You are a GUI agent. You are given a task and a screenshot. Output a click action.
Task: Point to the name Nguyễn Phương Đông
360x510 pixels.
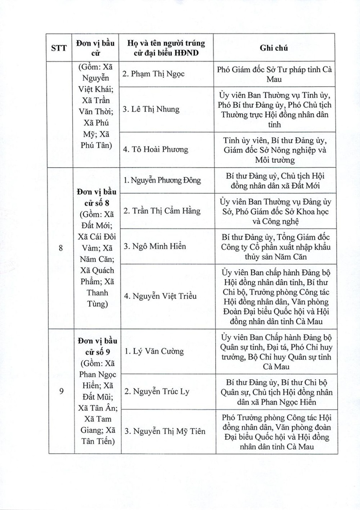[162, 180]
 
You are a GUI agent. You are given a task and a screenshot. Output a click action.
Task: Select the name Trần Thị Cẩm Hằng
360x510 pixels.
[162, 211]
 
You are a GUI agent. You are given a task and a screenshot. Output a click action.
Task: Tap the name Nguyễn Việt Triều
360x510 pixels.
[159, 296]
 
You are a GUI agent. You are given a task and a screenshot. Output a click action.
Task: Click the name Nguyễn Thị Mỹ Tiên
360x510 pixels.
[164, 431]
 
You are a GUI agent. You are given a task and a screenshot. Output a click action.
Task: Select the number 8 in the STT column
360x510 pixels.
[61, 248]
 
